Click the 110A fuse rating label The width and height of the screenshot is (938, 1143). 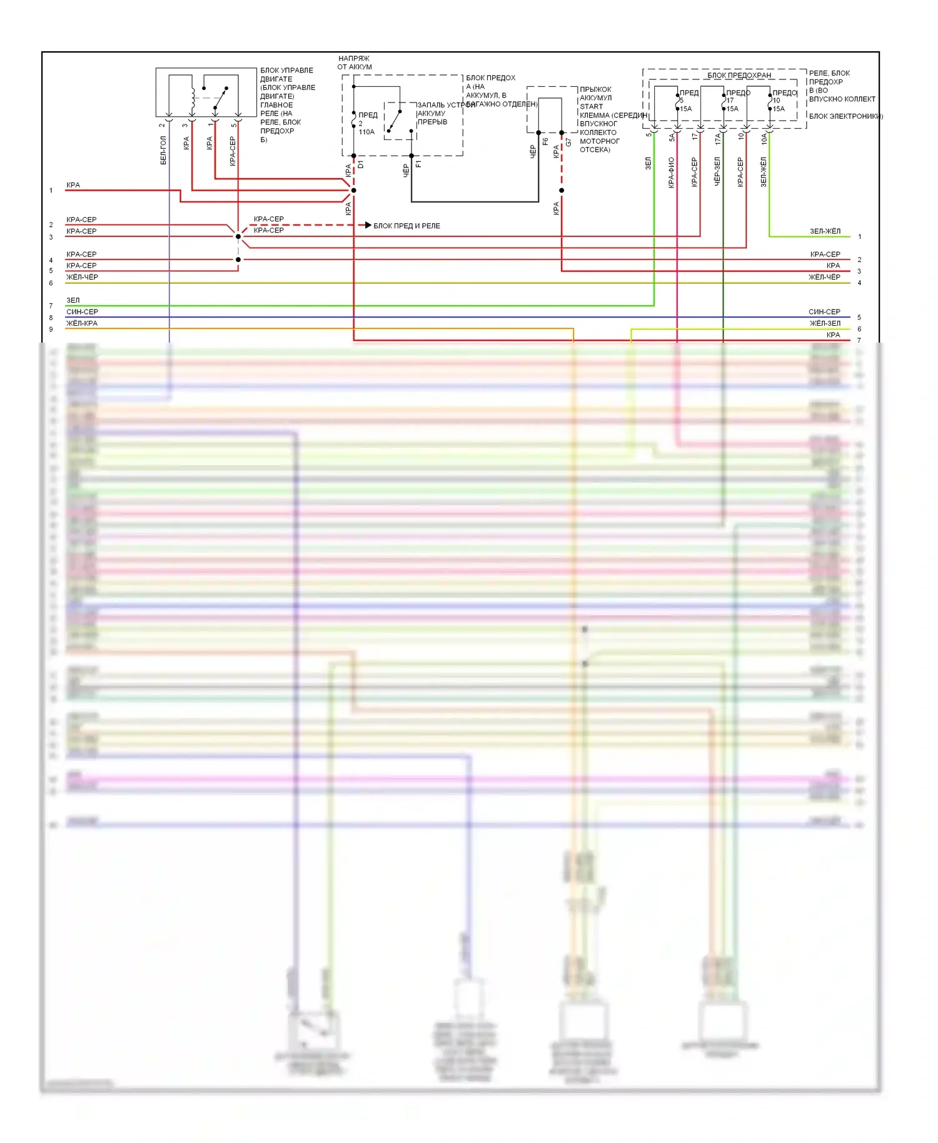pos(366,132)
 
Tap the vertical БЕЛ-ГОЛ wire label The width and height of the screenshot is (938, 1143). pos(163,151)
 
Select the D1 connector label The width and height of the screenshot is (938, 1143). pos(361,164)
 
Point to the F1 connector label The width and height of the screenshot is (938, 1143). pos(418,164)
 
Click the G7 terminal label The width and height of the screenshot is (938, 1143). pos(568,143)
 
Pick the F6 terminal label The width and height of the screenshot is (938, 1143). pos(545,142)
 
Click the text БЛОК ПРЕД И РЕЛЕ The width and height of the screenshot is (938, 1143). pos(406,226)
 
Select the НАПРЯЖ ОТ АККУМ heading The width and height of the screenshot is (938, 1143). pos(355,63)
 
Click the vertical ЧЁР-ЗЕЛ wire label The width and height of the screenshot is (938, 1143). pos(717,171)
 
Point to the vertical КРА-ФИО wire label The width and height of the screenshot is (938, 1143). pos(671,173)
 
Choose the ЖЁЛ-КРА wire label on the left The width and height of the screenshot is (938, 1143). pos(82,323)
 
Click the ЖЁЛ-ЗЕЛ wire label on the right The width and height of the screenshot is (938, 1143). pos(825,323)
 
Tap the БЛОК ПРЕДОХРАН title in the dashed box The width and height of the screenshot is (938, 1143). pos(739,76)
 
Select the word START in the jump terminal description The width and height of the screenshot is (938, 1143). pos(592,107)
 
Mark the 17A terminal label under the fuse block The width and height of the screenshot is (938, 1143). pos(717,139)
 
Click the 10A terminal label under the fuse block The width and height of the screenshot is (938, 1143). pos(764,139)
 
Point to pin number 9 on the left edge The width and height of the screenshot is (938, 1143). pos(51,329)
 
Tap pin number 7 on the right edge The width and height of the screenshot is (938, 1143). pos(859,340)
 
